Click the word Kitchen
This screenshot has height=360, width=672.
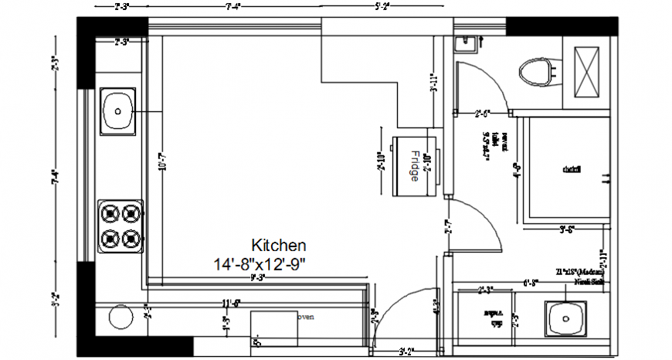click(x=279, y=245)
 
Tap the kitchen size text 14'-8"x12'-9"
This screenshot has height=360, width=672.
click(x=260, y=263)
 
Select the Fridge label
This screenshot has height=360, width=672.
click(x=414, y=165)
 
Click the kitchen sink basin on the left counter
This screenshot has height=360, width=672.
click(x=118, y=110)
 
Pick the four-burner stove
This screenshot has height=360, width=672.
click(x=121, y=225)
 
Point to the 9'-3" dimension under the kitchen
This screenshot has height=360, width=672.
click(x=258, y=277)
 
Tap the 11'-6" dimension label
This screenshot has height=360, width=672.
click(x=231, y=304)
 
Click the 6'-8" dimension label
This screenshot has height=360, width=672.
click(x=531, y=283)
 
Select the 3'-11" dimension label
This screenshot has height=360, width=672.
click(x=435, y=82)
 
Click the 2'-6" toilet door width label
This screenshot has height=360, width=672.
click(x=483, y=114)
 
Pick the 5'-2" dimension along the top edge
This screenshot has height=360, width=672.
click(x=382, y=6)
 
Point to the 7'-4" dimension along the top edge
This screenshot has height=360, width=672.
click(x=232, y=6)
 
